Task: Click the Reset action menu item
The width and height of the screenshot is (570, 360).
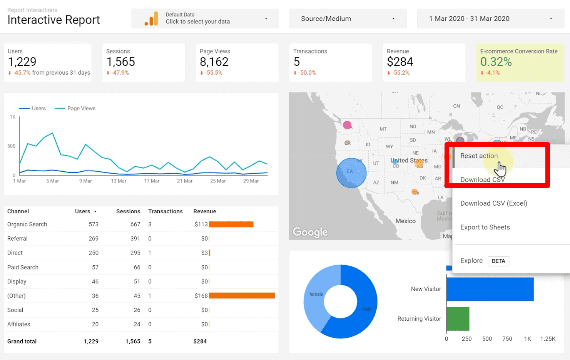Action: (479, 156)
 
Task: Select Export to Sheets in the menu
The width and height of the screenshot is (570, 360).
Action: (485, 227)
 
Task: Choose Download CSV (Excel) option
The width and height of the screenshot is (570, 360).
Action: (493, 203)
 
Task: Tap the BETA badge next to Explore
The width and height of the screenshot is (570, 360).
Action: (498, 261)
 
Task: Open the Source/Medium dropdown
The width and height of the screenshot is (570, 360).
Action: (348, 18)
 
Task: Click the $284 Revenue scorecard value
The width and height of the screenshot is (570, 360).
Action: (400, 62)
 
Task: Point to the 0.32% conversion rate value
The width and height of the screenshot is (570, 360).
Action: (496, 62)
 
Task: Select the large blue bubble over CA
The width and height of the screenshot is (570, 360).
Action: (351, 173)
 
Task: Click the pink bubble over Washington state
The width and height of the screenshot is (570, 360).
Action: (347, 125)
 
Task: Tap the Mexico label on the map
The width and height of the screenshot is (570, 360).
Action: (405, 221)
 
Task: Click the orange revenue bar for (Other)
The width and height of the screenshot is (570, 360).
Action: (242, 296)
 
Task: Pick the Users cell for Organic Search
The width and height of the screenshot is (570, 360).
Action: (94, 224)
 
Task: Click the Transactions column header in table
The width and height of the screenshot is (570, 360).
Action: (165, 211)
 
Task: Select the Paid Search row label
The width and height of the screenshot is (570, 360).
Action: (23, 267)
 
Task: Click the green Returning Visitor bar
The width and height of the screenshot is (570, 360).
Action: (458, 318)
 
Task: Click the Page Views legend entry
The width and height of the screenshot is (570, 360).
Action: (81, 109)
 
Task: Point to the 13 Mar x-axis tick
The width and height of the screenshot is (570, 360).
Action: (119, 181)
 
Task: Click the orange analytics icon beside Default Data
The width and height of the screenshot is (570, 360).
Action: (151, 19)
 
